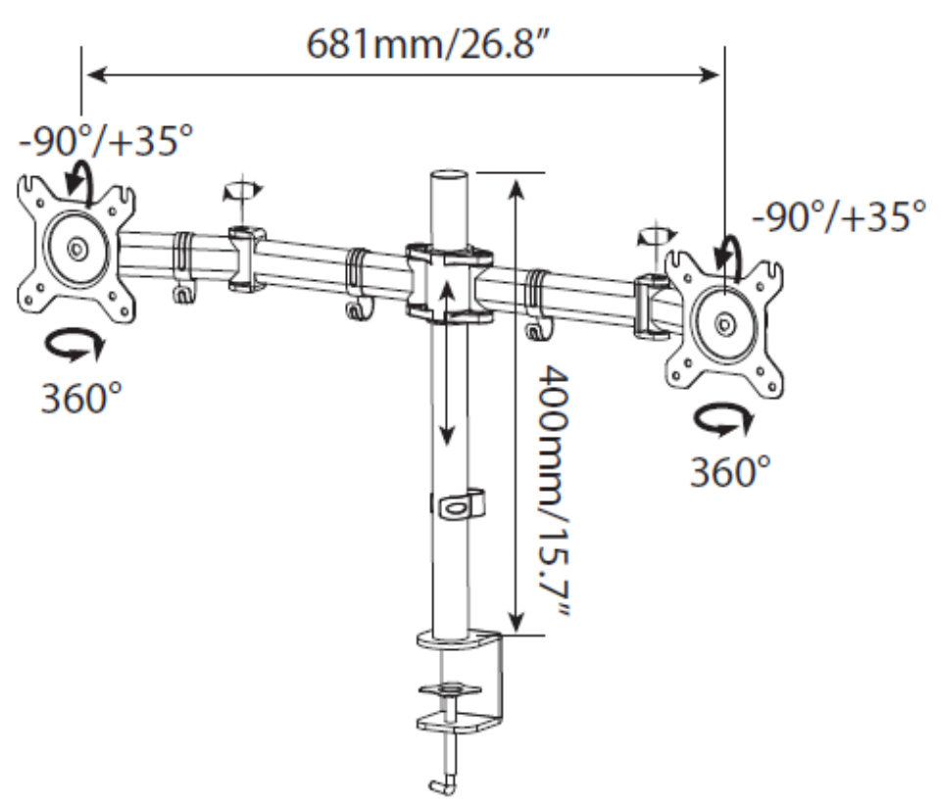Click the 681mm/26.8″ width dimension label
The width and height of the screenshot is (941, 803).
tap(428, 44)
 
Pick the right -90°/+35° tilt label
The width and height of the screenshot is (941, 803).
tap(839, 215)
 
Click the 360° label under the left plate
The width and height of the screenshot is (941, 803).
tap(81, 397)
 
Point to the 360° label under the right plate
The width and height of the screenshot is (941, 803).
tap(729, 471)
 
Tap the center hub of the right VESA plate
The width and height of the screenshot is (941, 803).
tap(725, 324)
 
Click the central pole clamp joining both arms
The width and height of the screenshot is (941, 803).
tap(449, 282)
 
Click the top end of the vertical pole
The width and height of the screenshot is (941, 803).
tap(449, 175)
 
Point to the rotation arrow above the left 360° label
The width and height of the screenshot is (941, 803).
tap(75, 347)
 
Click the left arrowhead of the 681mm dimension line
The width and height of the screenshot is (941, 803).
tap(97, 75)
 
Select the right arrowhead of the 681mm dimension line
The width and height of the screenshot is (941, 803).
tap(709, 75)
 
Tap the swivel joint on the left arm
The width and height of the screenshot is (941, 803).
tap(246, 259)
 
